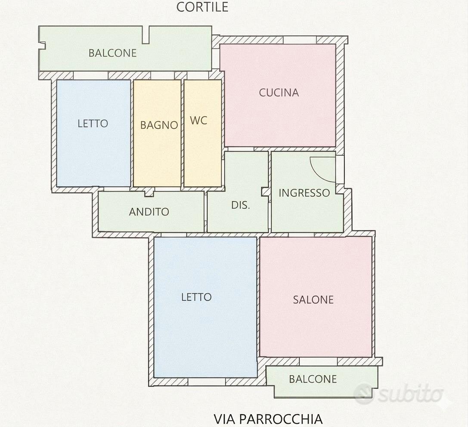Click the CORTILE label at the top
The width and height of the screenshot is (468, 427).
click(x=202, y=7)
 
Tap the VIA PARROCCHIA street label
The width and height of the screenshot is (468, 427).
click(x=268, y=419)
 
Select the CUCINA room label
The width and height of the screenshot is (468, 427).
click(x=279, y=93)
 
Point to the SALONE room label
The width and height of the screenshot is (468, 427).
click(x=313, y=300)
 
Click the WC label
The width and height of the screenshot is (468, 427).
click(x=198, y=120)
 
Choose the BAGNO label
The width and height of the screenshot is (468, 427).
click(x=159, y=125)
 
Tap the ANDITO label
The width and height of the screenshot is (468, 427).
click(x=149, y=212)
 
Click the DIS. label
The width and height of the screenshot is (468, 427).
click(x=241, y=205)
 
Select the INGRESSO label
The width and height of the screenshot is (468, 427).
click(x=304, y=193)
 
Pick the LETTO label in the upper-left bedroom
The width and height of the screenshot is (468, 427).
click(x=93, y=124)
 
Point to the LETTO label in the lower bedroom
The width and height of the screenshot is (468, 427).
click(x=196, y=297)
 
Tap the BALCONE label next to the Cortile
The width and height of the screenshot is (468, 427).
click(x=112, y=53)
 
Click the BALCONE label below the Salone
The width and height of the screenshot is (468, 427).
click(x=313, y=379)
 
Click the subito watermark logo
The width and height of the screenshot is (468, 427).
click(x=398, y=394)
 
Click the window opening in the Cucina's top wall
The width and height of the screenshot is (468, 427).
click(x=300, y=40)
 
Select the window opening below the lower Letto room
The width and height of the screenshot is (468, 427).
click(x=207, y=382)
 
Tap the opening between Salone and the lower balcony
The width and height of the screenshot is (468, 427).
click(x=318, y=362)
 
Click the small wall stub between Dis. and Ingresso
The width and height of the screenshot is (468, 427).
click(x=265, y=192)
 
